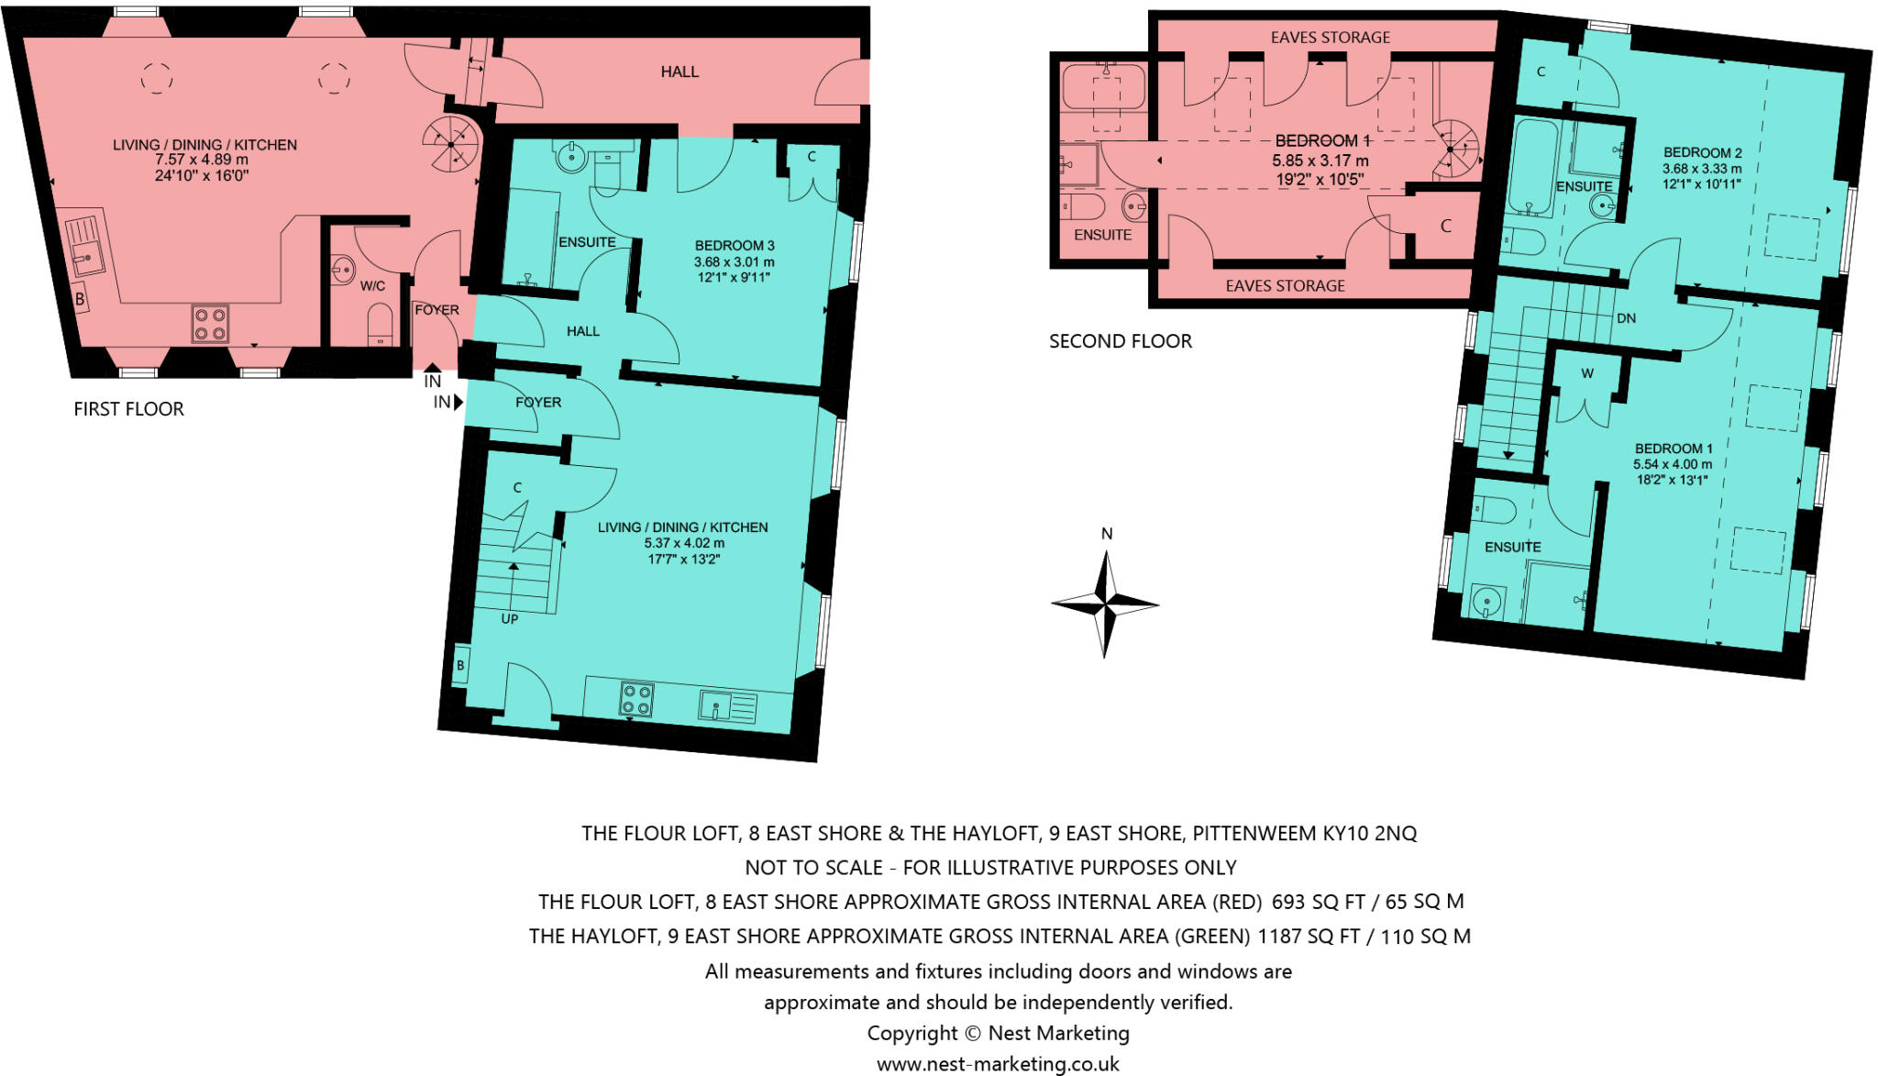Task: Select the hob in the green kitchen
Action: pos(636,699)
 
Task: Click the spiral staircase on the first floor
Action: pos(450,144)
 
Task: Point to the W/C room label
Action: pos(372,286)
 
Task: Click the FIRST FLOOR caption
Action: pos(128,409)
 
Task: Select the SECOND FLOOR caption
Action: pos(1120,341)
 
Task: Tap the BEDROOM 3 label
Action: pos(734,246)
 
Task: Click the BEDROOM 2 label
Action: pos(1702,153)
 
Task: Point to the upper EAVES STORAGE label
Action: pos(1330,38)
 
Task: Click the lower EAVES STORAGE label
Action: pos(1285,286)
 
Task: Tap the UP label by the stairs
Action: pos(510,619)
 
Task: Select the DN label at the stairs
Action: pos(1626,319)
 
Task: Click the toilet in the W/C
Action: pos(380,326)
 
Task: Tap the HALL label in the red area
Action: pos(679,72)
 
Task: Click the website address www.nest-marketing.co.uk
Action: pos(998,1064)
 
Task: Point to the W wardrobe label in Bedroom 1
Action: pos(1586,373)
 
